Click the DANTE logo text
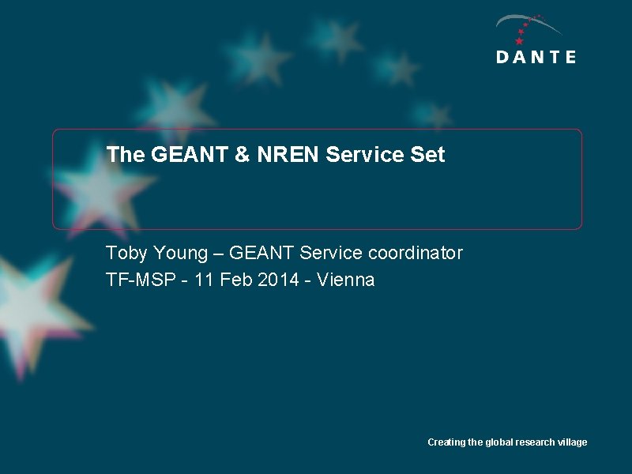point(536,57)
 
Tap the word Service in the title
point(364,155)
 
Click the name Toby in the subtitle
point(126,254)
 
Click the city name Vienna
point(345,280)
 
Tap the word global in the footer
point(499,442)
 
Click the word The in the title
point(125,155)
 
